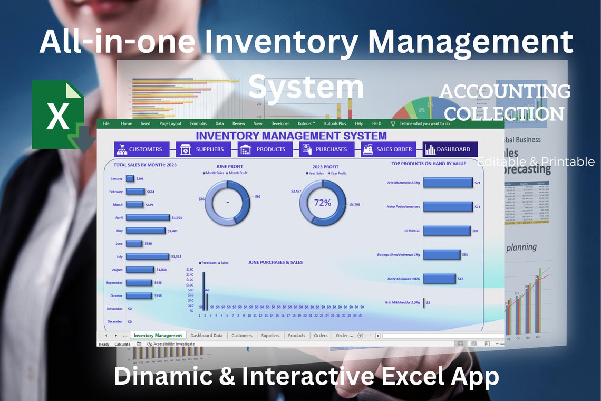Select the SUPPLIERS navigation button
point(202,149)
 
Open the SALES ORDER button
point(388,149)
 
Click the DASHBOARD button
point(450,149)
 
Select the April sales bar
point(148,217)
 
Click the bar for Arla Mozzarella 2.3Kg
point(448,183)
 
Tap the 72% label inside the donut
point(323,203)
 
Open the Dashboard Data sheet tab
point(207,336)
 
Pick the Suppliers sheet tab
point(270,336)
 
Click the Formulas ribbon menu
point(198,123)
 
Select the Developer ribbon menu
point(280,123)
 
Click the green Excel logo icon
point(57,114)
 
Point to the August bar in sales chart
point(140,270)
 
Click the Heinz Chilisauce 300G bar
point(439,279)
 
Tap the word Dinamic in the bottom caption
point(160,377)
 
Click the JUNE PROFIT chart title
point(225,166)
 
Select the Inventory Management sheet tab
point(158,336)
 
